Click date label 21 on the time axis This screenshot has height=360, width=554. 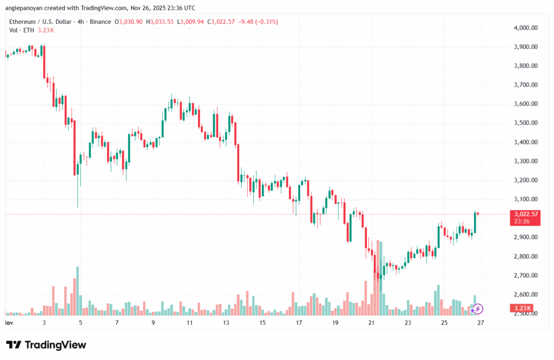tap(371, 323)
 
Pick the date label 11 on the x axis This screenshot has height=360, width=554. tap(190, 323)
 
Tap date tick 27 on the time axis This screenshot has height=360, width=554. tap(480, 323)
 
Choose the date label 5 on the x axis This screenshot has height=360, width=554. tap(80, 323)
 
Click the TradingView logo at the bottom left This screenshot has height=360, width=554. tap(46, 345)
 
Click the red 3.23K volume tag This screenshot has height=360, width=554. tap(523, 309)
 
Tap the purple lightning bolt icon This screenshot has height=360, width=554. tap(478, 309)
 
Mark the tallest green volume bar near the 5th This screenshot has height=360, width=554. tap(78, 291)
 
